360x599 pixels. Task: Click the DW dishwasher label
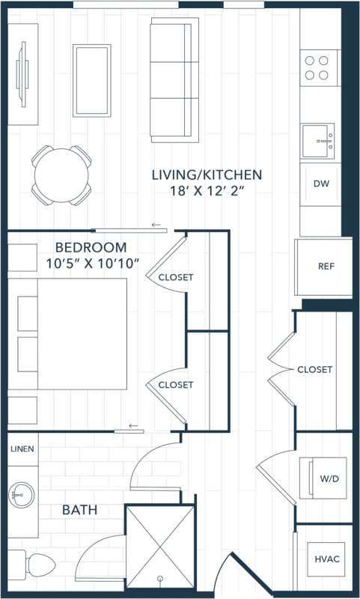(x=321, y=183)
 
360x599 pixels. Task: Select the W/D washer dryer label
(x=329, y=478)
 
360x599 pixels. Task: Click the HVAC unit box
(x=326, y=559)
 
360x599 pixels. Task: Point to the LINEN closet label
(x=22, y=449)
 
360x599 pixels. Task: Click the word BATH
(x=79, y=511)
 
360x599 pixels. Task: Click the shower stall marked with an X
(x=159, y=549)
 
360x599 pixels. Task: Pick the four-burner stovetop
(x=317, y=67)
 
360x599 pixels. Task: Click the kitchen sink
(x=320, y=141)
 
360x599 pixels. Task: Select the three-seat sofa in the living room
(x=173, y=80)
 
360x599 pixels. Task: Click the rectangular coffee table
(x=91, y=80)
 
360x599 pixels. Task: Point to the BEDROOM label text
(x=91, y=247)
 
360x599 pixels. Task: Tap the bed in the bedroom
(x=73, y=333)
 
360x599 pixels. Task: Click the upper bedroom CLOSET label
(x=176, y=277)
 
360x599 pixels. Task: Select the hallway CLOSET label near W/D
(x=314, y=370)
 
